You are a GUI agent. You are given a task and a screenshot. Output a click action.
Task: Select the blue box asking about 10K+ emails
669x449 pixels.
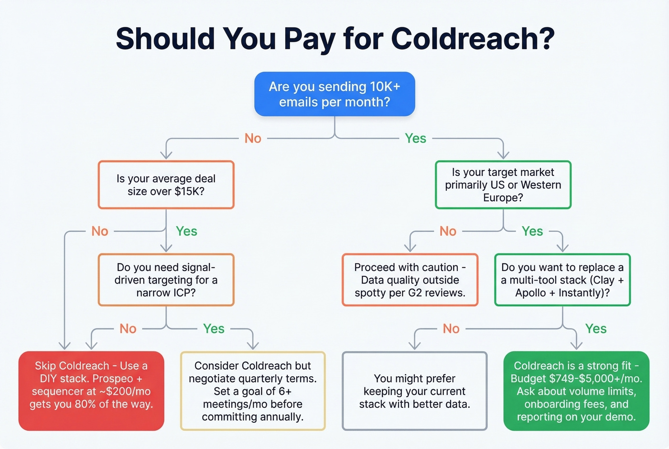pos(334,94)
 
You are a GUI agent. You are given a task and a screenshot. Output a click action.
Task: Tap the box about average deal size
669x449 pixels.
pos(166,185)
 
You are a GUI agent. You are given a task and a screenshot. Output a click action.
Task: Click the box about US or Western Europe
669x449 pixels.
pos(503,185)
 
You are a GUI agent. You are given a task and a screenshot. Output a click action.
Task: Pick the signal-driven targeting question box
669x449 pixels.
pos(166,280)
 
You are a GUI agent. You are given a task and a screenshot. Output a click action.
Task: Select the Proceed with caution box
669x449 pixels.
pos(410,280)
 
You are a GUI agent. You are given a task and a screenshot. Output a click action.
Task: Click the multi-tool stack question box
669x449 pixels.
pos(562,280)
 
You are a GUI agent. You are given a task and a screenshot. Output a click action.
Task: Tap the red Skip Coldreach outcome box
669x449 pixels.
pos(91,391)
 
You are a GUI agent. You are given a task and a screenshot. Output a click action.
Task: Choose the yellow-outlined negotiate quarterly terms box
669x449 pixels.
pos(253,391)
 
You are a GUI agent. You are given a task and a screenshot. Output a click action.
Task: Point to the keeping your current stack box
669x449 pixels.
pos(415,391)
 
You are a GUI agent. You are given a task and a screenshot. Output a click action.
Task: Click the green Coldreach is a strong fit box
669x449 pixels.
pos(576,391)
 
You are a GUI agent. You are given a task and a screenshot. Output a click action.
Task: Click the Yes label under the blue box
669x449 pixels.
pos(415,138)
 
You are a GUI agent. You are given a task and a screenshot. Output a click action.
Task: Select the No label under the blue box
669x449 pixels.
pos(253,138)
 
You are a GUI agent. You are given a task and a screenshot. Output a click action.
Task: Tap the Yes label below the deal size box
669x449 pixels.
pos(186,231)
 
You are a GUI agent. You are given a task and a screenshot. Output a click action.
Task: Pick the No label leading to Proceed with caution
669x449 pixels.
pos(448,231)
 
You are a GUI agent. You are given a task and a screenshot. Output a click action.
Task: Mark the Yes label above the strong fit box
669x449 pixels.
pos(596,329)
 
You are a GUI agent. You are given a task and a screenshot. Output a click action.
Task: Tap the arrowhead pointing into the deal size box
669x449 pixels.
pos(166,155)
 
